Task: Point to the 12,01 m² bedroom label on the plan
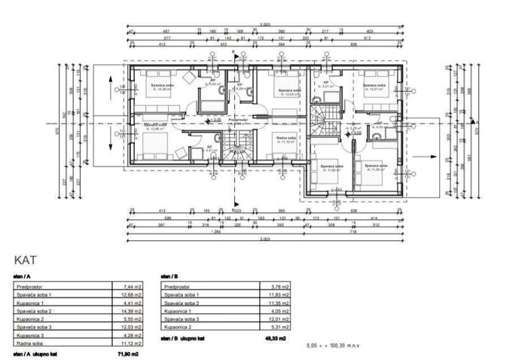pyautogui.click(x=374, y=88)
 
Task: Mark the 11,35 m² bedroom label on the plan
pyautogui.click(x=373, y=166)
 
